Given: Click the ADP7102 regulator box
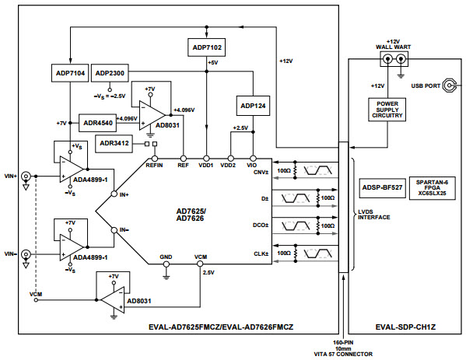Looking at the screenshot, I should pos(206,48).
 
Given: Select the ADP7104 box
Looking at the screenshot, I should pos(70,72).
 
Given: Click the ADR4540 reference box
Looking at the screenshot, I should pos(98,123).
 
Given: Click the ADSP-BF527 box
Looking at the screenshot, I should pos(381,187).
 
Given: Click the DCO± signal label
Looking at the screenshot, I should pos(261,226).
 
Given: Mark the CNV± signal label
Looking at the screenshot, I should pos(260,172).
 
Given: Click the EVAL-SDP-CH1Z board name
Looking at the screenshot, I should pos(401,328).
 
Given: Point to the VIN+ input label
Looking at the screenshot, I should pos(12,175).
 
